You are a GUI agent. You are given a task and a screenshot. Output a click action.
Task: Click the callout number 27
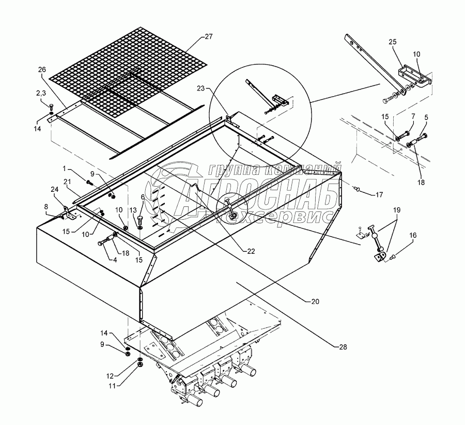tap(209, 37)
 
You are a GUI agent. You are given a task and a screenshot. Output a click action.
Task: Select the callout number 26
tap(42, 69)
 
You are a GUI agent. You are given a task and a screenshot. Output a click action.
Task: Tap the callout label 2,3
tap(41, 93)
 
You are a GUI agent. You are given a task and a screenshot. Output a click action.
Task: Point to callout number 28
tap(343, 346)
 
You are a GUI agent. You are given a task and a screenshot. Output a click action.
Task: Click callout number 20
tap(315, 301)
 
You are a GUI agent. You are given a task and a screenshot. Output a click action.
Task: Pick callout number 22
tap(251, 251)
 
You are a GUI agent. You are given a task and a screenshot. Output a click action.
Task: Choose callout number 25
tap(392, 42)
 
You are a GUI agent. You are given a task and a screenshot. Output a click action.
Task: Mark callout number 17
tap(379, 195)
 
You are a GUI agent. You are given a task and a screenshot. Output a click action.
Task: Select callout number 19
tap(397, 210)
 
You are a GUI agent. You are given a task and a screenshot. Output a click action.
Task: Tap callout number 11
tap(113, 385)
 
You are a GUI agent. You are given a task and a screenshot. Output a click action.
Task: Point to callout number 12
tap(110, 376)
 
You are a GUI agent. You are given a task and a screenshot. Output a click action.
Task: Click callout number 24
tap(54, 189)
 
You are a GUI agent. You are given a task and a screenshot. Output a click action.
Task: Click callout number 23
tap(201, 88)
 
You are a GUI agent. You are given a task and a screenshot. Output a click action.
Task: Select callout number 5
tap(426, 117)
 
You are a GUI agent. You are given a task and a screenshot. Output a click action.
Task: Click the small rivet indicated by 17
tap(358, 188)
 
